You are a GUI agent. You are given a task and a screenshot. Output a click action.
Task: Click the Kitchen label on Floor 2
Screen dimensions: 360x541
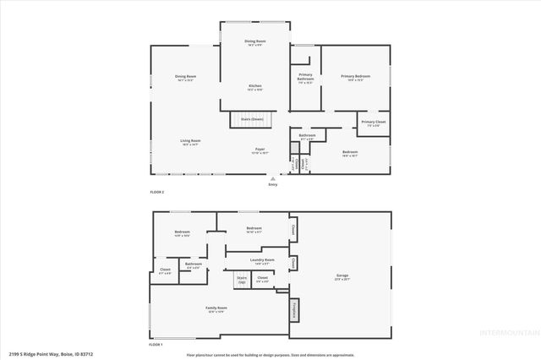tap(254, 87)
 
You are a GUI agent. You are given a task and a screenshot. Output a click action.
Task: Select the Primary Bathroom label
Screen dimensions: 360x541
tap(306, 79)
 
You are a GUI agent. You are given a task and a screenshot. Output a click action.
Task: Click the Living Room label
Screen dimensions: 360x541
tap(189, 142)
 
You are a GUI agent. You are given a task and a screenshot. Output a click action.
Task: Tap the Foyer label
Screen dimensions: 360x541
tap(261, 151)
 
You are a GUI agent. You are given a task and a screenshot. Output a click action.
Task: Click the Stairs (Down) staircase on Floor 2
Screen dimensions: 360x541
tap(251, 120)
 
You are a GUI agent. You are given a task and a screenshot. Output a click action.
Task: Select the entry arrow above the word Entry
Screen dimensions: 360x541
tap(272, 178)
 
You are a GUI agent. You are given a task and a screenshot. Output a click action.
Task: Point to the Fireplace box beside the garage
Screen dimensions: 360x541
tap(295, 310)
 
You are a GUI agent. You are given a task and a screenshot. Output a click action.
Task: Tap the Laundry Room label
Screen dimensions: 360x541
tap(262, 261)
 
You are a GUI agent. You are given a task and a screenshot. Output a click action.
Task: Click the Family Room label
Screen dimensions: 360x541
tap(217, 310)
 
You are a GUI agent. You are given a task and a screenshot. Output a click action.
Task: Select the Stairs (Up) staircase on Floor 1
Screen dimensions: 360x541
tap(242, 280)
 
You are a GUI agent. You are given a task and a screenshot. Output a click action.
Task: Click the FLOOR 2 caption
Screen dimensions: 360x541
tap(157, 193)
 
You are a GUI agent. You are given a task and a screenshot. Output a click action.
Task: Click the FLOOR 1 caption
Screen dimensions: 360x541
tap(156, 345)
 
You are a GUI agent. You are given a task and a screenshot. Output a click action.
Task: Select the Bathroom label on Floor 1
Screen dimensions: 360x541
tap(194, 265)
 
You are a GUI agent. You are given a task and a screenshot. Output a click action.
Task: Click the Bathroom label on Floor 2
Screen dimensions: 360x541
tap(307, 136)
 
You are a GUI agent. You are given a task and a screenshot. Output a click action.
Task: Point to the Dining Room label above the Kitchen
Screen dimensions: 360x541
tap(255, 42)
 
